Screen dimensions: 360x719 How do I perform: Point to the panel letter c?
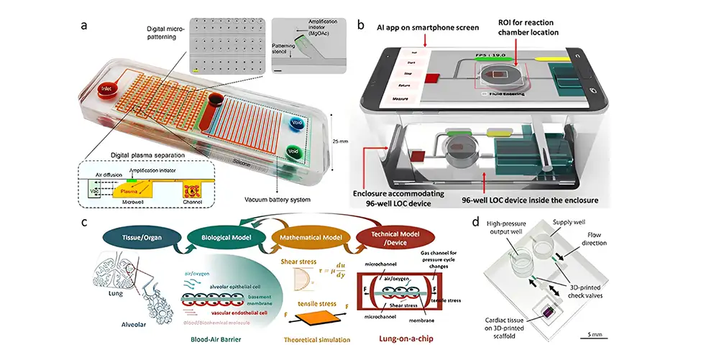click(85, 222)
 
